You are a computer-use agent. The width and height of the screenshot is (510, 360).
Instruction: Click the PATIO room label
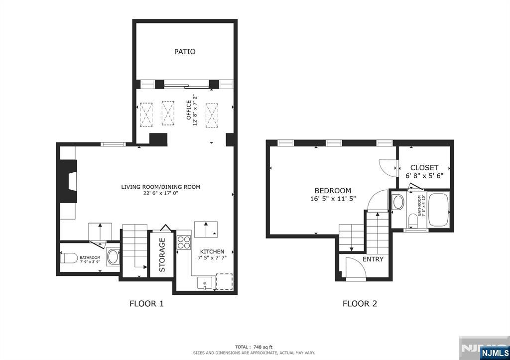click(184, 51)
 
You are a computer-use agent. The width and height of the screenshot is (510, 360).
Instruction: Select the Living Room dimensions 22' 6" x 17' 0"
click(160, 194)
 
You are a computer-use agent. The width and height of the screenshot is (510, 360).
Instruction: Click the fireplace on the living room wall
click(68, 181)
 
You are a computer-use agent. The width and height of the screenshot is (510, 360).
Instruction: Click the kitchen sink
click(204, 283)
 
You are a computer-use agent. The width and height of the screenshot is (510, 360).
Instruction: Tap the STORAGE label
click(162, 254)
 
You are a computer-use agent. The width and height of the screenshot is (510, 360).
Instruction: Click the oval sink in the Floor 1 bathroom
click(113, 257)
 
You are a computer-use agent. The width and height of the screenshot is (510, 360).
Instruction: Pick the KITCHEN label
click(212, 251)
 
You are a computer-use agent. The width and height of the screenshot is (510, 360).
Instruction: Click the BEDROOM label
click(333, 190)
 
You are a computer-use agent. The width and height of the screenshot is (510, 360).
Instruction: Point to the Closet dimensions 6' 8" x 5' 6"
click(425, 176)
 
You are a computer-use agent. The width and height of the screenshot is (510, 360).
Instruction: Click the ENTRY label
click(373, 259)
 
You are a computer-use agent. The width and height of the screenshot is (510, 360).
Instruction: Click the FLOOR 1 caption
click(146, 304)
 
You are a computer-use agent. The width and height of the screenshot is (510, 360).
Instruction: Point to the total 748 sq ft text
click(254, 347)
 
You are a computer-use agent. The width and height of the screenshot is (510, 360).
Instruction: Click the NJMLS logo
click(494, 353)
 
